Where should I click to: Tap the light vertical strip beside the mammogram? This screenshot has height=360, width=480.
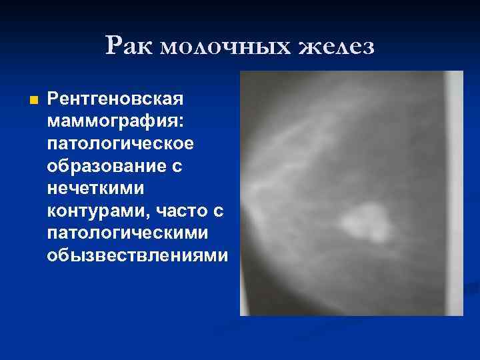[455, 193]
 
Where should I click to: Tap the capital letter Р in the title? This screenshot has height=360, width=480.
[113, 46]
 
